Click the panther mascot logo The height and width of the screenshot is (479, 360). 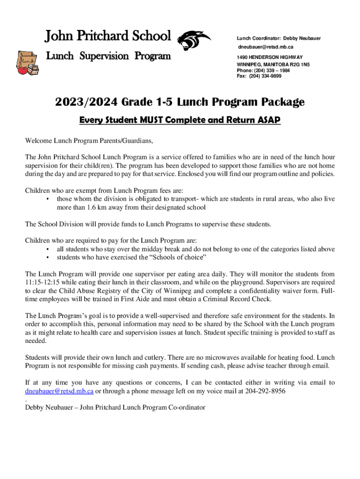coord(194,41)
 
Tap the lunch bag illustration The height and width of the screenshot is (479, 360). coord(27,66)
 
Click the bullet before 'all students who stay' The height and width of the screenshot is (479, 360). coord(49,249)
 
